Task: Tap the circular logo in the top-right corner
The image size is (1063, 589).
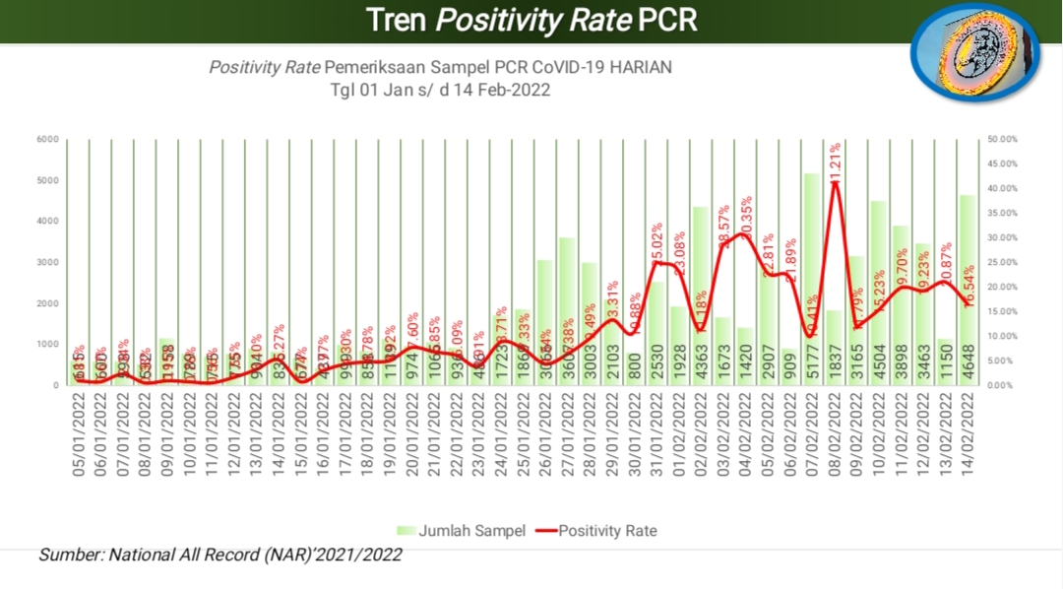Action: coord(974,61)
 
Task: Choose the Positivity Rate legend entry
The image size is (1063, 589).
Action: coord(596,530)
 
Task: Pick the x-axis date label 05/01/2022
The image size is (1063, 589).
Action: coord(80,433)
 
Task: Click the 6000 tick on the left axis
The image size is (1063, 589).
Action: coord(49,139)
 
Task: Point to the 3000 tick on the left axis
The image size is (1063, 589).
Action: coord(49,262)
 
